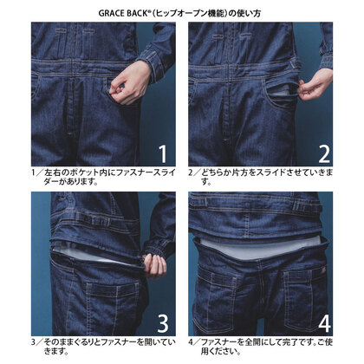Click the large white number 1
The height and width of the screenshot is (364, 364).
[164, 154]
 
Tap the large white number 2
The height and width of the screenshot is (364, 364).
[324, 154]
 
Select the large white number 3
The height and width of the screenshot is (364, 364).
[163, 323]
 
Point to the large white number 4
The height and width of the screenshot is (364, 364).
[324, 324]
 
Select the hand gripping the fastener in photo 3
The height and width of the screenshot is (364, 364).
[155, 264]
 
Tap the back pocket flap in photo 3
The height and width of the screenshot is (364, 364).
[115, 289]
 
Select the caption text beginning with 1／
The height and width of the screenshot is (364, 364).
[103, 178]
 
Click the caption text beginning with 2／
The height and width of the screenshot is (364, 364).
[261, 178]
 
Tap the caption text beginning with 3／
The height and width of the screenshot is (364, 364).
[103, 347]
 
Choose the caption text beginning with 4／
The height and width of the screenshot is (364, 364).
[261, 347]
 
